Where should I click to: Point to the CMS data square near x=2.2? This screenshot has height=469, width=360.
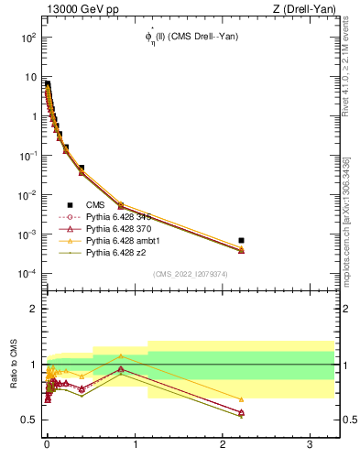click(x=241, y=240)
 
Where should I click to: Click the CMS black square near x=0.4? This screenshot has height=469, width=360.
click(x=82, y=169)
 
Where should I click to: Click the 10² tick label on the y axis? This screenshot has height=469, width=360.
click(x=28, y=38)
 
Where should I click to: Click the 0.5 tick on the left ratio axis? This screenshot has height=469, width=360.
click(x=27, y=420)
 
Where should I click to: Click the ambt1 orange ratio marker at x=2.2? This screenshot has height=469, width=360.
click(x=241, y=399)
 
